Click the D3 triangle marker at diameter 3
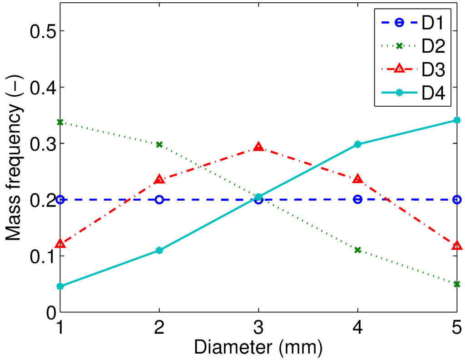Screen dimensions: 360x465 [258, 147]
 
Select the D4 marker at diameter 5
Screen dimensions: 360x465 [456, 120]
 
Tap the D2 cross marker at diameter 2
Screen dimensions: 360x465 [159, 144]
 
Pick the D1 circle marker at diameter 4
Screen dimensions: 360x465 [357, 199]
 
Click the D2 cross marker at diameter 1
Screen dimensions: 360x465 [60, 122]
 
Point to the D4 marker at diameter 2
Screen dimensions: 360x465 [159, 250]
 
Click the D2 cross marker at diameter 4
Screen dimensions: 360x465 [357, 250]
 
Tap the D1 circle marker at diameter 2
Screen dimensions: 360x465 [159, 200]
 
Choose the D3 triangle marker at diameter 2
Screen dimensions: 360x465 [159, 179]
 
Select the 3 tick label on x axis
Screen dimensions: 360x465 [258, 327]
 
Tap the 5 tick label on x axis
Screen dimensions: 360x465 [456, 327]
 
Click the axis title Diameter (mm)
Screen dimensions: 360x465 [258, 348]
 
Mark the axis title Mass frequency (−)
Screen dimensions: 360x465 [14, 172]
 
